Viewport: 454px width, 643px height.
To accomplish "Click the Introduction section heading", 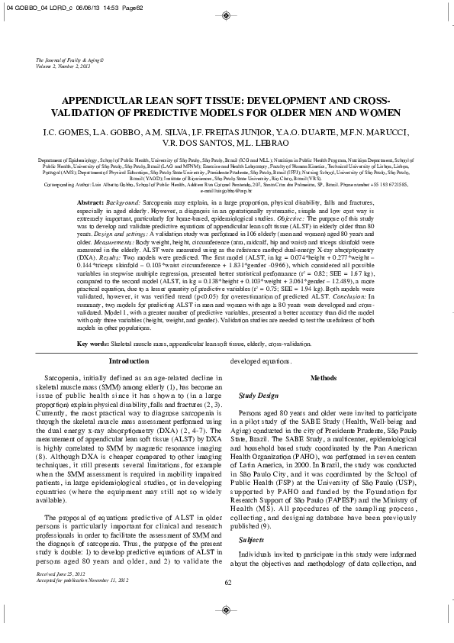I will (x=130, y=360).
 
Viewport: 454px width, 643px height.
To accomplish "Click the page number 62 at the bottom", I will (x=227, y=625).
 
